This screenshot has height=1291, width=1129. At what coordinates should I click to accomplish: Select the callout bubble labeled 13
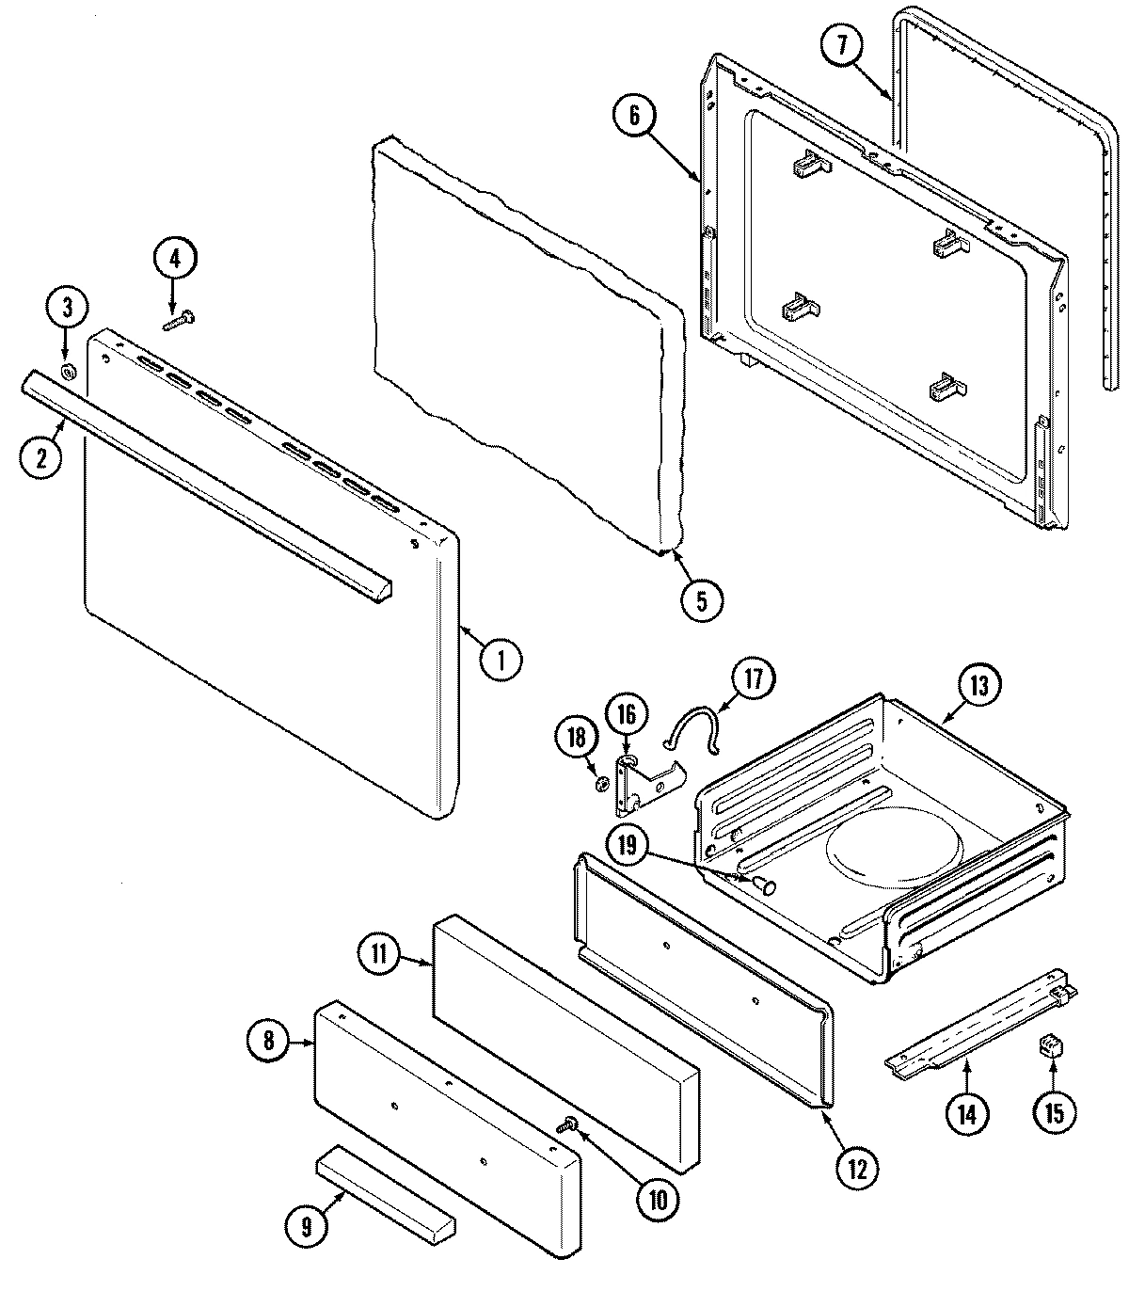click(x=978, y=686)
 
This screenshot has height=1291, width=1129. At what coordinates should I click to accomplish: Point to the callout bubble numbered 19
click(x=628, y=846)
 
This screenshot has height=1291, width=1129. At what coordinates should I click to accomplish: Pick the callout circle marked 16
click(x=626, y=715)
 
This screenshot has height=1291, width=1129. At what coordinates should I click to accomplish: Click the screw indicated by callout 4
click(x=177, y=322)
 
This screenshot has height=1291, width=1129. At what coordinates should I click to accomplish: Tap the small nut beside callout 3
click(x=68, y=372)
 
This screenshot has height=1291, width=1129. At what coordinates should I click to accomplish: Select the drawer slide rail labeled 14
click(x=978, y=1028)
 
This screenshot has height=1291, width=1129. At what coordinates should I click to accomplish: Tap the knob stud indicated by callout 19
click(x=764, y=884)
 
